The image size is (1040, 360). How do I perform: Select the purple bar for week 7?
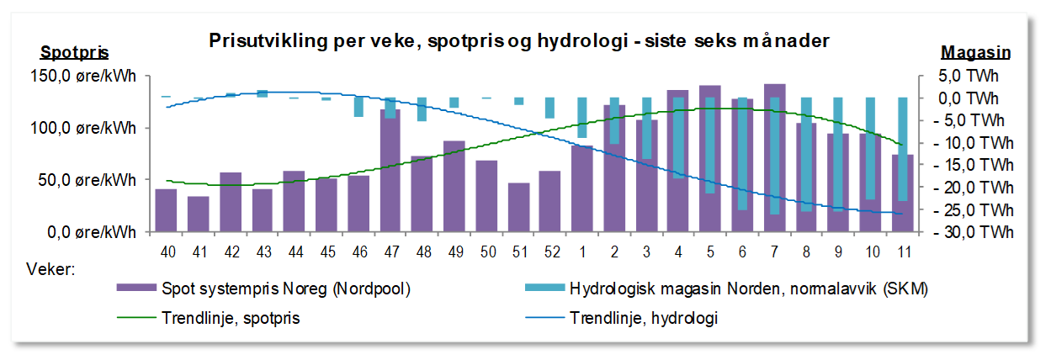coord(774,160)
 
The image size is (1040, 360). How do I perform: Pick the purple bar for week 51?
coord(518,207)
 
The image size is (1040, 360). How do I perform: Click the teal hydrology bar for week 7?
coord(774,156)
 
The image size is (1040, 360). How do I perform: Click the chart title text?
coord(519,40)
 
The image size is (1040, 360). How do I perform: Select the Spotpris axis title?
coord(74,52)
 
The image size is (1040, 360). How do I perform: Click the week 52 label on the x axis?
coord(550,251)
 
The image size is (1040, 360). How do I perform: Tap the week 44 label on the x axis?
coord(294,251)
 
